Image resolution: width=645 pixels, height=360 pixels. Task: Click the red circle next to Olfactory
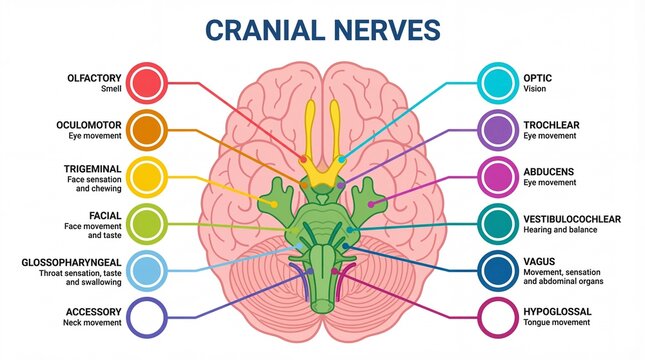pyautogui.click(x=147, y=82)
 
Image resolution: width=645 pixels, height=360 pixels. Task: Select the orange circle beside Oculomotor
pyautogui.click(x=147, y=130)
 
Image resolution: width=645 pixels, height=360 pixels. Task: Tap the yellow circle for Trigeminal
pyautogui.click(x=147, y=176)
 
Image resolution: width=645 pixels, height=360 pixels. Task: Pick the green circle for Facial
pyautogui.click(x=147, y=223)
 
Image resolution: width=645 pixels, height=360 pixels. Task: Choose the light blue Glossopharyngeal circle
pyautogui.click(x=147, y=270)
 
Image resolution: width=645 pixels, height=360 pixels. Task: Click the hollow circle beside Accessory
pyautogui.click(x=147, y=317)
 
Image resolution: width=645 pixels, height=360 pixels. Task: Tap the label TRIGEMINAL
pyautogui.click(x=94, y=169)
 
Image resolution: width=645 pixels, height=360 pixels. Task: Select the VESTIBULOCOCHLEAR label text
pyautogui.click(x=572, y=218)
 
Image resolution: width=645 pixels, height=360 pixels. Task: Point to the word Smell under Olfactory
pyautogui.click(x=111, y=89)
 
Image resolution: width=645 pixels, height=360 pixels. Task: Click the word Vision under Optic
pyautogui.click(x=535, y=89)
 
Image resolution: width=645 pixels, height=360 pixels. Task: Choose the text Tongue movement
pyautogui.click(x=557, y=323)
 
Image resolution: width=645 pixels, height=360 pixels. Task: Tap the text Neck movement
pyautogui.click(x=94, y=323)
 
